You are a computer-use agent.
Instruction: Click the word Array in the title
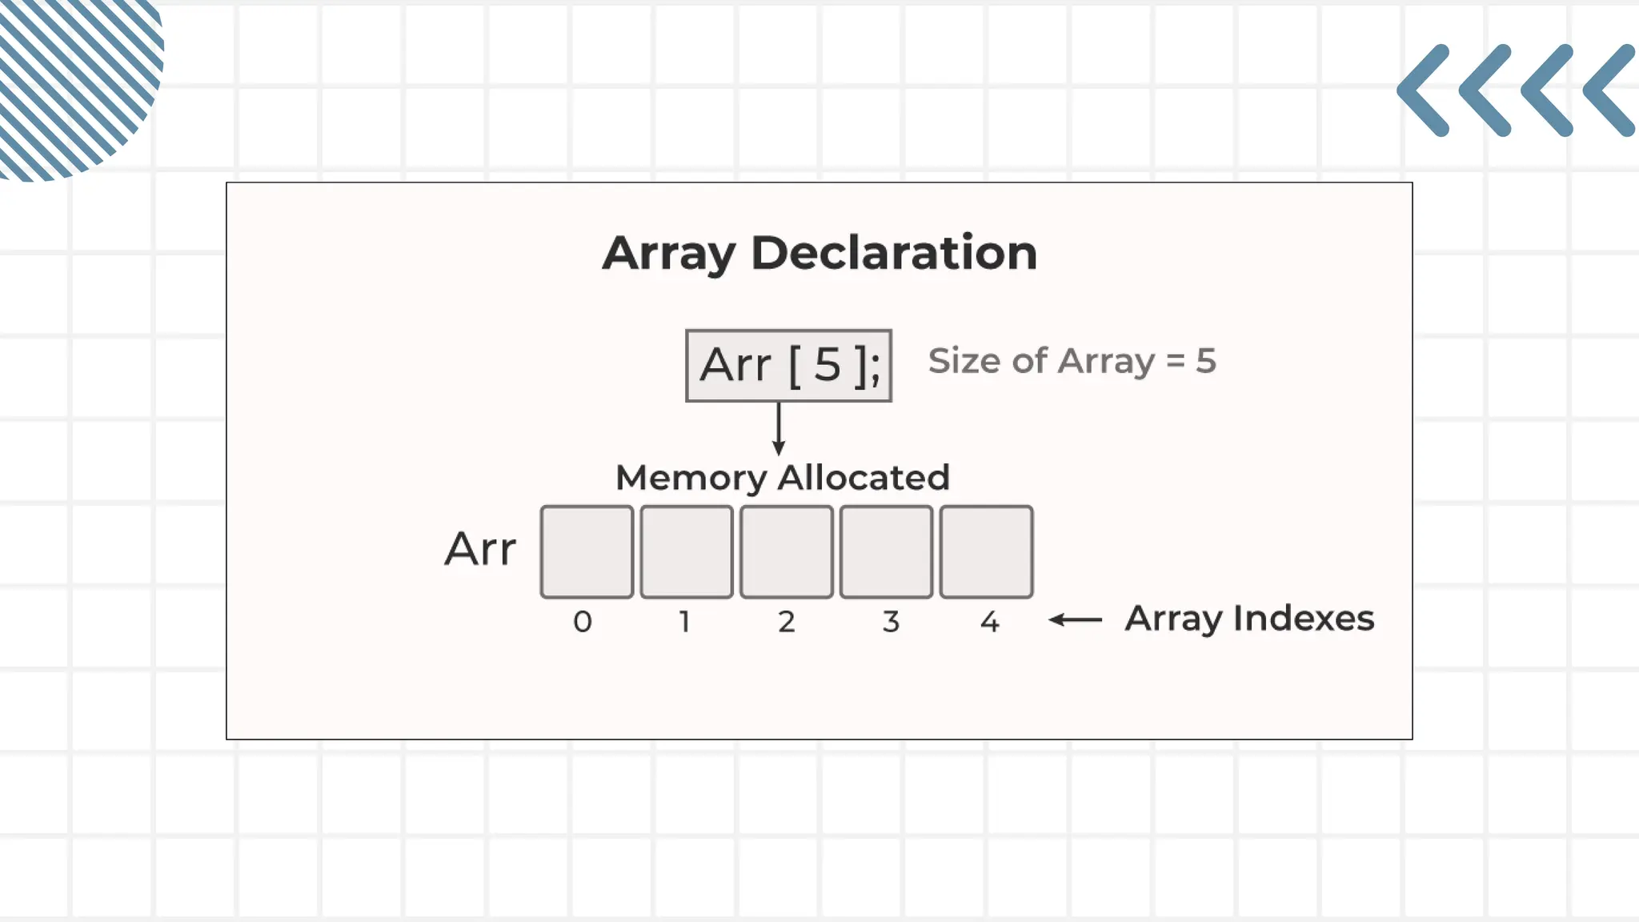pos(668,254)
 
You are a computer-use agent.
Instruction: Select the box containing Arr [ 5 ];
pos(788,366)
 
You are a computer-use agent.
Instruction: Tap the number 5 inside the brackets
pos(828,366)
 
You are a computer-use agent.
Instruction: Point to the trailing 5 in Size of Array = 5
pos(1205,361)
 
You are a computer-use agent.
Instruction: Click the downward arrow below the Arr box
pos(778,429)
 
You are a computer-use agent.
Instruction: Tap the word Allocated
pos(864,478)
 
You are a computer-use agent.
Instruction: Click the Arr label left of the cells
pos(480,550)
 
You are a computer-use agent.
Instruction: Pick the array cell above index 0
pos(587,551)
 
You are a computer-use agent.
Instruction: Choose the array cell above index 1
pos(687,551)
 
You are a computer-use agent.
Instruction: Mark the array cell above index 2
pos(786,551)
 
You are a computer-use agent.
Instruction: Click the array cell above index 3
pos(886,551)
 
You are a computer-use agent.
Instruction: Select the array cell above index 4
pos(986,551)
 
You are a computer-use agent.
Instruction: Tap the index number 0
pos(583,622)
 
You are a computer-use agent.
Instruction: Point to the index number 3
pos(891,622)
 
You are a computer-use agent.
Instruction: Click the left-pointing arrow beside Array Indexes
pos(1076,619)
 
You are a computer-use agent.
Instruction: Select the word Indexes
pos(1304,619)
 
